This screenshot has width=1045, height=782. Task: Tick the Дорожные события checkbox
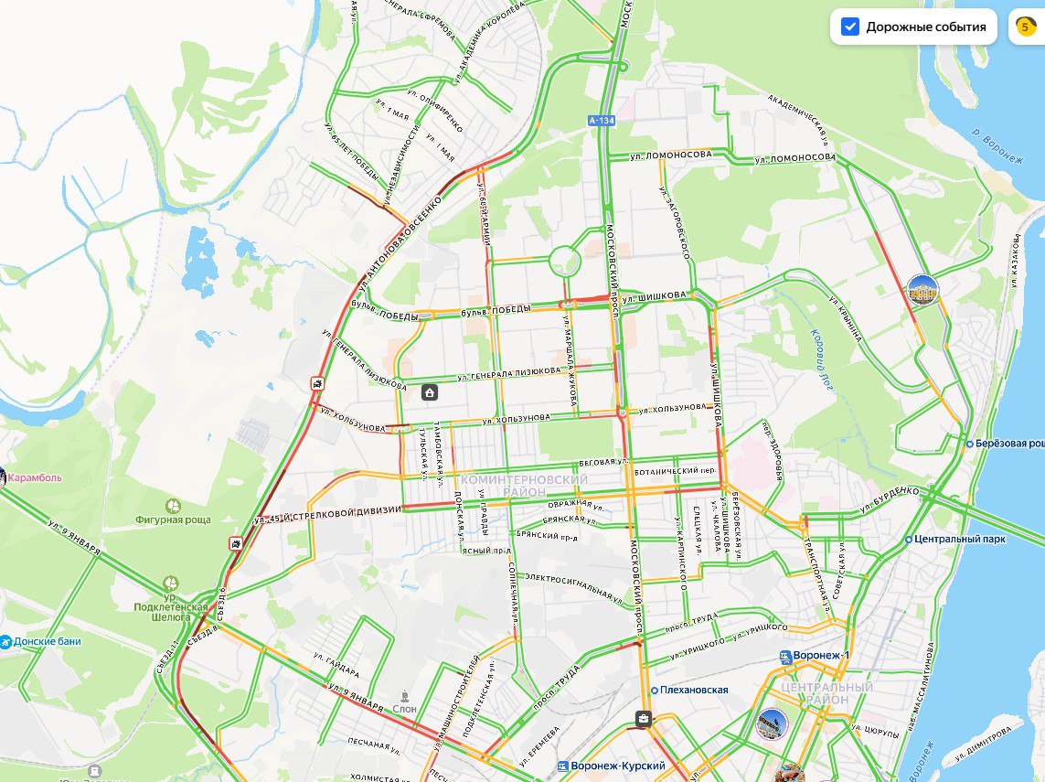[850, 27]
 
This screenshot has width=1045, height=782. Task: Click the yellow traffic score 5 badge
[1024, 27]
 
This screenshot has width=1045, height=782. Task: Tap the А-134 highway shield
[601, 120]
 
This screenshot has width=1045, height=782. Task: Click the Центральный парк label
[960, 539]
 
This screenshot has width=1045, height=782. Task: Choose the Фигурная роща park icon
[173, 505]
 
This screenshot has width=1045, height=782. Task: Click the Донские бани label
[46, 641]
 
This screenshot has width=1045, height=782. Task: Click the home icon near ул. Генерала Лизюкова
[429, 393]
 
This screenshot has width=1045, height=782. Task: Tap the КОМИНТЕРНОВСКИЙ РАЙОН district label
[525, 486]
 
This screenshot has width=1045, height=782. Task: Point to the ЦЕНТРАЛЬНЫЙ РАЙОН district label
[814, 693]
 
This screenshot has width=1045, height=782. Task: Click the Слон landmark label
[404, 709]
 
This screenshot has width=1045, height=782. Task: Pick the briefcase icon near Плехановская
[644, 720]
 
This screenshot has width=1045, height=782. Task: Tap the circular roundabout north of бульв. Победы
[565, 262]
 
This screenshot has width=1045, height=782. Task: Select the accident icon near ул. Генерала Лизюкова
[315, 384]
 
